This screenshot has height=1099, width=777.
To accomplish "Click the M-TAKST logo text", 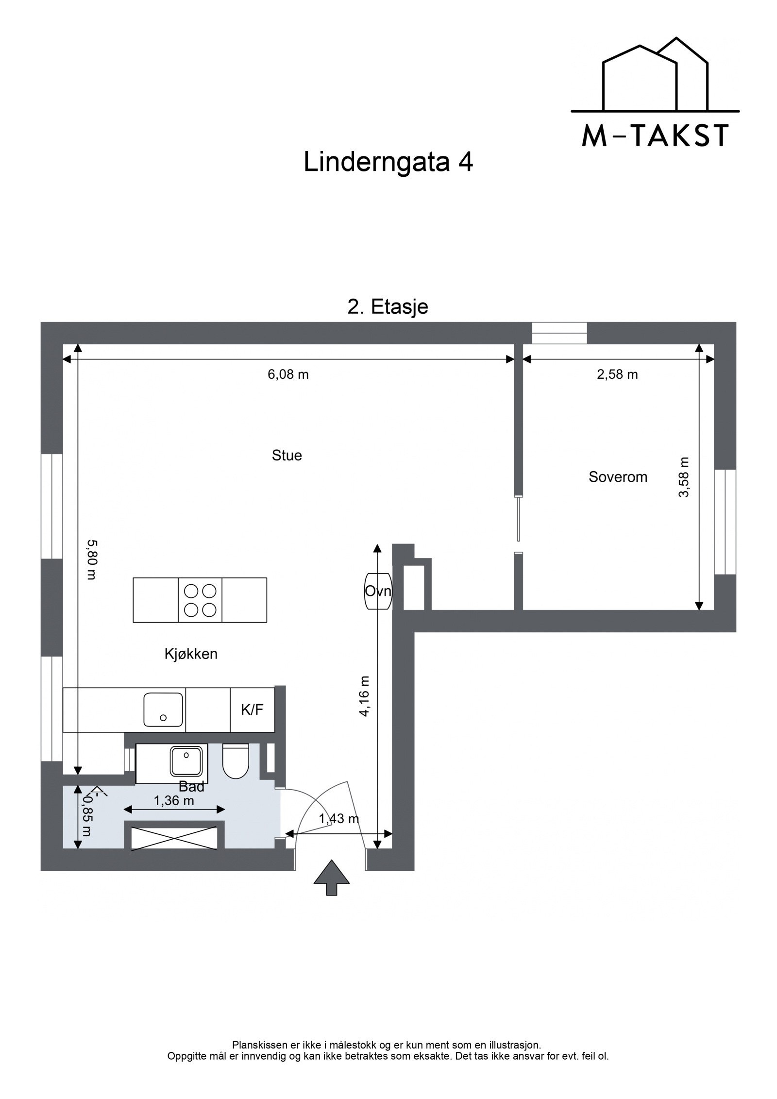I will pos(655,135).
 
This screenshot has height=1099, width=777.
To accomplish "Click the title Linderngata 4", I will pos(388,163).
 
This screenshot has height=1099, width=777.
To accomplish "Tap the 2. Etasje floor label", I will pos(388,307).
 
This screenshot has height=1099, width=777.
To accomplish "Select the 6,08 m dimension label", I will pos(288,374).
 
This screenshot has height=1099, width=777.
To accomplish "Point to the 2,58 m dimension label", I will pos(617,374).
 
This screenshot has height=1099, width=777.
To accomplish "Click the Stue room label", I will pos(287,456).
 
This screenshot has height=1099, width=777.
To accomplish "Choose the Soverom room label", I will pos(618,477).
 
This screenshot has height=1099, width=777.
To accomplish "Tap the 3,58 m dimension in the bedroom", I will pos(684,477).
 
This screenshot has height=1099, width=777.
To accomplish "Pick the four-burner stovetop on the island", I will pos(200,600).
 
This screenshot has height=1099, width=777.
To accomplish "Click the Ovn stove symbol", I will pos(378,591).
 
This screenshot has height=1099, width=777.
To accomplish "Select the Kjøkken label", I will pos(191,654).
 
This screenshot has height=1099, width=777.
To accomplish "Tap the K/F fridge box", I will pos(252,710).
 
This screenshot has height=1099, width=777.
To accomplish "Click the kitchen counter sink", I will pos(163,710).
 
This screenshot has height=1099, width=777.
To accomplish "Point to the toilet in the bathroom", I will pos(236,762).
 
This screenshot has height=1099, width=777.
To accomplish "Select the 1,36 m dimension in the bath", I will pos(174,800).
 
